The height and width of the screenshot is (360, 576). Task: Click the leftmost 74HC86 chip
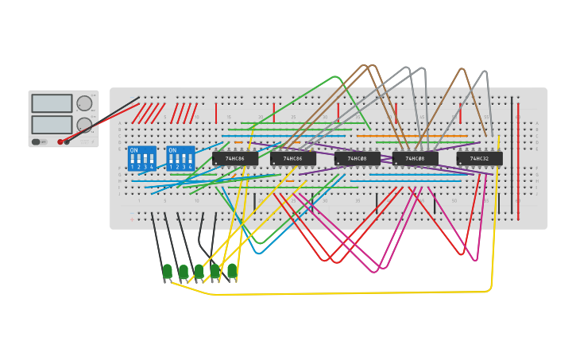pyautogui.click(x=234, y=159)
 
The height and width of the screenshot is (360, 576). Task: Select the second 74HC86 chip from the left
pyautogui.click(x=292, y=159)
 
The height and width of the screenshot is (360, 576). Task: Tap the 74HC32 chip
pyautogui.click(x=479, y=159)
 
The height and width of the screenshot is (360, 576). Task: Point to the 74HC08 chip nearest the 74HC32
pyautogui.click(x=415, y=159)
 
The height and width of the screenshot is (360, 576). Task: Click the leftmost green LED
pyautogui.click(x=167, y=272)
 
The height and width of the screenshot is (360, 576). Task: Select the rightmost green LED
pyautogui.click(x=232, y=271)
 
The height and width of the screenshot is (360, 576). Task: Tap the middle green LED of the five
pyautogui.click(x=199, y=272)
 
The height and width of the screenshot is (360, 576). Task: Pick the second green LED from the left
pyautogui.click(x=184, y=272)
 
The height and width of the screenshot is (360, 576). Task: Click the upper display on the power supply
pyautogui.click(x=52, y=103)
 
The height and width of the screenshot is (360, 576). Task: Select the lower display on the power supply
pyautogui.click(x=52, y=125)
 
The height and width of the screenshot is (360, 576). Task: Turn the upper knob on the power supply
pyautogui.click(x=84, y=103)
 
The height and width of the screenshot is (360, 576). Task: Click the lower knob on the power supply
pyautogui.click(x=84, y=124)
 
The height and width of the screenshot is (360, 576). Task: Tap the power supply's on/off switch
pyautogui.click(x=36, y=141)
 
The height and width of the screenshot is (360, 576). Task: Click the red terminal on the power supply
pyautogui.click(x=60, y=141)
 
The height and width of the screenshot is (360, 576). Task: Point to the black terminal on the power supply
pyautogui.click(x=67, y=141)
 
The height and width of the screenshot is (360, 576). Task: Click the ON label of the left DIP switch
pyautogui.click(x=133, y=150)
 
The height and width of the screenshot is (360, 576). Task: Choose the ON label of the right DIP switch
pyautogui.click(x=172, y=150)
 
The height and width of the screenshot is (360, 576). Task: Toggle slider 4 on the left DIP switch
pyautogui.click(x=151, y=159)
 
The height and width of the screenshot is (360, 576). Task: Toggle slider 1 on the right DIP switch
pyautogui.click(x=171, y=159)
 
